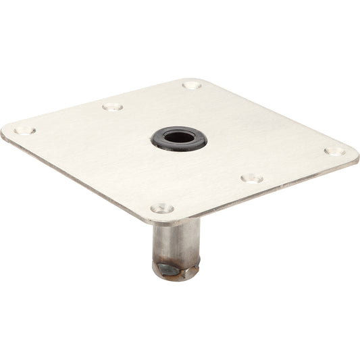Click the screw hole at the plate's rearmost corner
tap(192, 86)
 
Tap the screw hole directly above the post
tap(161, 209)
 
